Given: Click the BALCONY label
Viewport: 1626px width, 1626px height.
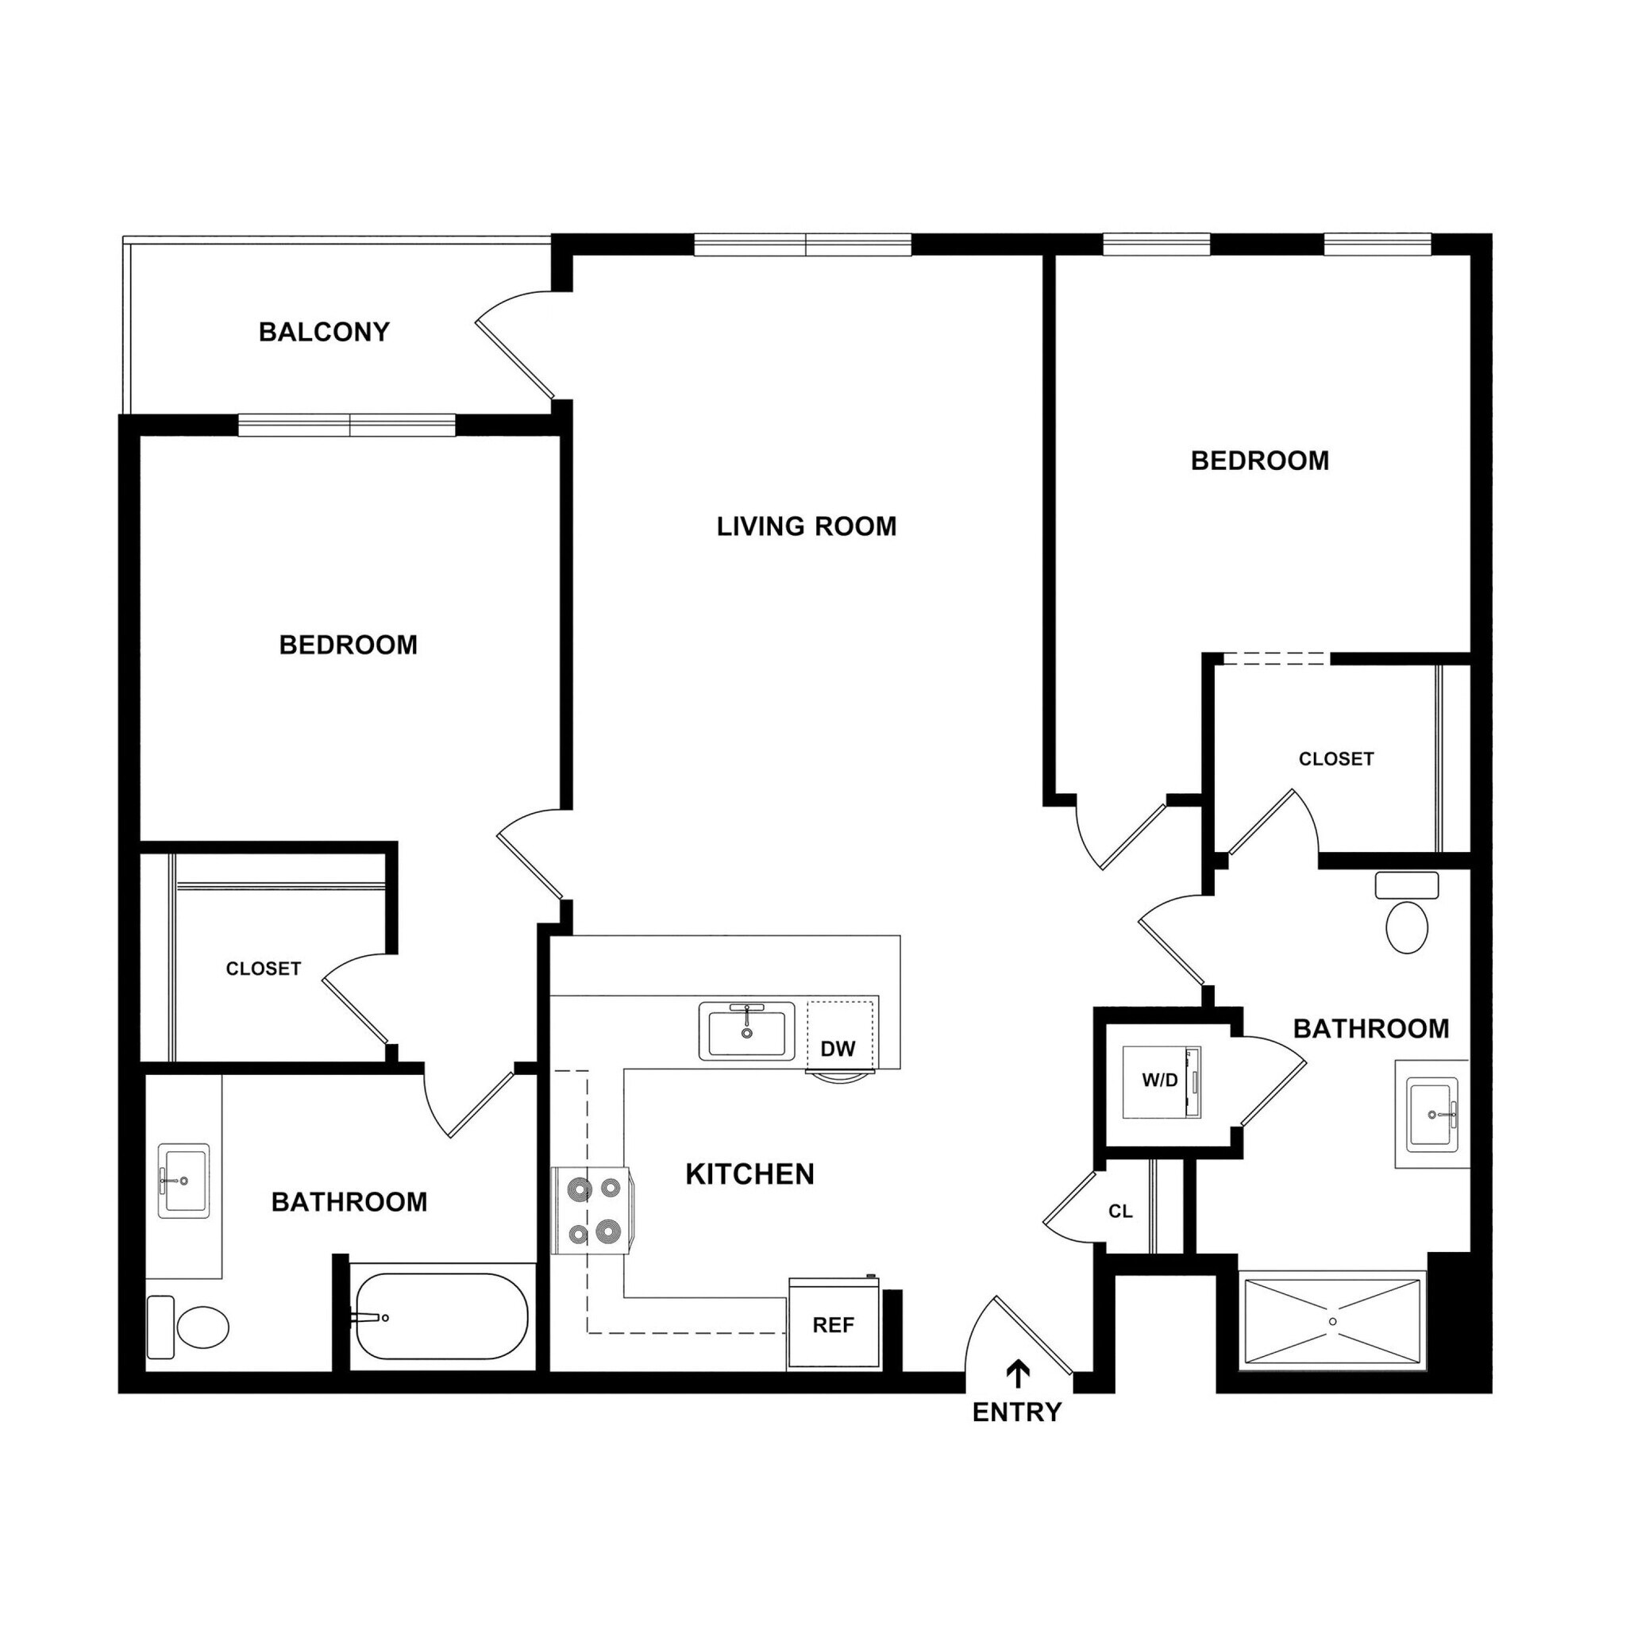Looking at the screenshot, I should tap(324, 333).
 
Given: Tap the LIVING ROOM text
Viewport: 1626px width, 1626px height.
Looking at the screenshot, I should tap(807, 527).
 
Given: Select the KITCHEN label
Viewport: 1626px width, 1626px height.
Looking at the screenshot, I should tap(749, 1174).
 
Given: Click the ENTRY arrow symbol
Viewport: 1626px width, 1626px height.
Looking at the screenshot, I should tap(1019, 1374).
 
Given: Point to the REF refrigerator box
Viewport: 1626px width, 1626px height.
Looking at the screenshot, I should tap(833, 1325).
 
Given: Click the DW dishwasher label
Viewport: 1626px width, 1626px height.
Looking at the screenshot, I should tap(838, 1049).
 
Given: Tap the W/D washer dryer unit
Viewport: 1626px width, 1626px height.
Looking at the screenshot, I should tap(1162, 1081).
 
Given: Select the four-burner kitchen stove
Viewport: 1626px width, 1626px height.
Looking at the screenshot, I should tap(591, 1211).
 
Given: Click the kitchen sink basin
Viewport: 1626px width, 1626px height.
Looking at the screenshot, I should tap(746, 1032).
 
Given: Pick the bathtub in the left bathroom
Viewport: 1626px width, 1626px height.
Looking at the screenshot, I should tap(439, 1317).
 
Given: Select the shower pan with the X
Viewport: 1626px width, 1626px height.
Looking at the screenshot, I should tap(1332, 1321).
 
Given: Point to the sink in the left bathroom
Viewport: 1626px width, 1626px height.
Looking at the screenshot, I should tap(183, 1180).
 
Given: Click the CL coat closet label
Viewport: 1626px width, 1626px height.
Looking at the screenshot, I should tap(1120, 1211).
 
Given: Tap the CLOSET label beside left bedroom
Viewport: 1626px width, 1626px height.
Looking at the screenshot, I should tap(264, 969).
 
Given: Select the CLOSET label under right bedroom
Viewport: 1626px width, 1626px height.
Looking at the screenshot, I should tap(1335, 759).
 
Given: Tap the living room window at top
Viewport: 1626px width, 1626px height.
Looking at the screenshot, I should tap(803, 245).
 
